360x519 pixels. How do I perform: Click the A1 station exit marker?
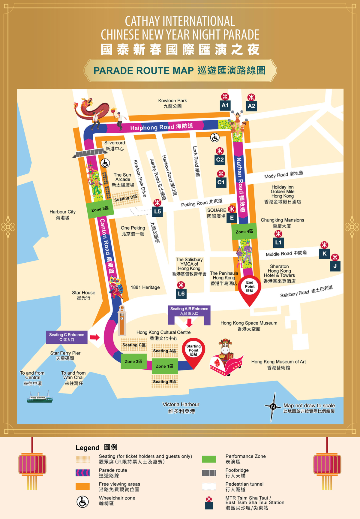pos(225,105)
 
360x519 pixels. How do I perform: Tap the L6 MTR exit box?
pos(181,293)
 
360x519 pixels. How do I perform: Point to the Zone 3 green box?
pos(100,209)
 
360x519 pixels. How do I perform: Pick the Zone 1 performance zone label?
pos(164,366)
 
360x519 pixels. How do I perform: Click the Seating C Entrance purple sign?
pos(67,337)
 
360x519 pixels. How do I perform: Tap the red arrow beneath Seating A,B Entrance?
pos(189,323)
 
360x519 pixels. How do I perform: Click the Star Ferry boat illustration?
pos(40,397)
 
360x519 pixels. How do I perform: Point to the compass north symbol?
pos(273,407)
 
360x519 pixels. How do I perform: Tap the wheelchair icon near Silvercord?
pos(105,163)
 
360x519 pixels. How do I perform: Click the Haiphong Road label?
pos(161,127)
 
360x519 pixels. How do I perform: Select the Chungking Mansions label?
pos(282,223)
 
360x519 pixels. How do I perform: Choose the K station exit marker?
pos(324,253)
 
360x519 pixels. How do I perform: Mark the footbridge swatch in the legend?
pos(209,473)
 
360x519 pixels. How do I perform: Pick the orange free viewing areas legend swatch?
pos(82,486)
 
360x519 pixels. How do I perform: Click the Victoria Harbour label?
pos(181,408)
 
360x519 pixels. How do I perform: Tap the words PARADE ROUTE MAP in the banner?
pos(144,71)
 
